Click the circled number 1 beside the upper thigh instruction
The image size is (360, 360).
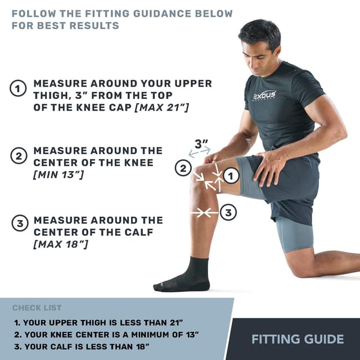[19, 89]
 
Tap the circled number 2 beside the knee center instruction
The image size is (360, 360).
[19, 157]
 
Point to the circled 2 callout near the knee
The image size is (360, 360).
[182, 168]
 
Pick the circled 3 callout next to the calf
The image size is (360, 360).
[228, 212]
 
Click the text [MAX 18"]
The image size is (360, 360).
[61, 244]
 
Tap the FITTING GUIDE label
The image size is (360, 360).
[297, 339]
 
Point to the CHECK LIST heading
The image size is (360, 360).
[37, 308]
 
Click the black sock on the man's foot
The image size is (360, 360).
[188, 276]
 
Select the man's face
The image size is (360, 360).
[259, 51]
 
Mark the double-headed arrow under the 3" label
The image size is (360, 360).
[199, 152]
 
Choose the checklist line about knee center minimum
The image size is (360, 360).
[107, 334]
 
